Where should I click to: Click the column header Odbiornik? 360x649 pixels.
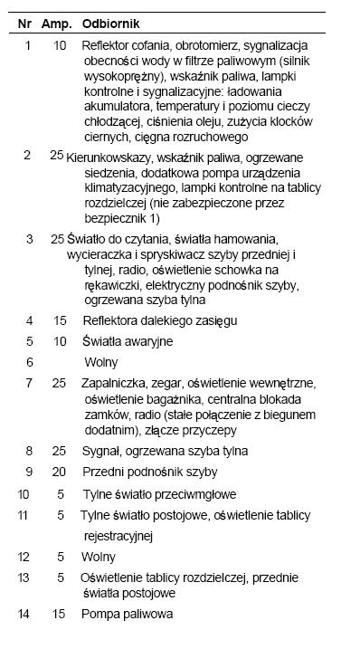click(108, 20)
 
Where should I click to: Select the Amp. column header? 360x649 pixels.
click(58, 20)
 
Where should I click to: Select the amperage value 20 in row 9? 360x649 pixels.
click(59, 472)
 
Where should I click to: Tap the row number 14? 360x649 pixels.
click(24, 614)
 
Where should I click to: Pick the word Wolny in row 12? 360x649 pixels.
click(99, 557)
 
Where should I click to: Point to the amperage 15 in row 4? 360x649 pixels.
click(60, 320)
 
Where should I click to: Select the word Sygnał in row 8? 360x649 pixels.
click(101, 451)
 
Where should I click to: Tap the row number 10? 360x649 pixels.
click(24, 495)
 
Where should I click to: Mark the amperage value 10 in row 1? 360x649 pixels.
click(60, 43)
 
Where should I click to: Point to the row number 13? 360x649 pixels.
click(24, 577)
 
